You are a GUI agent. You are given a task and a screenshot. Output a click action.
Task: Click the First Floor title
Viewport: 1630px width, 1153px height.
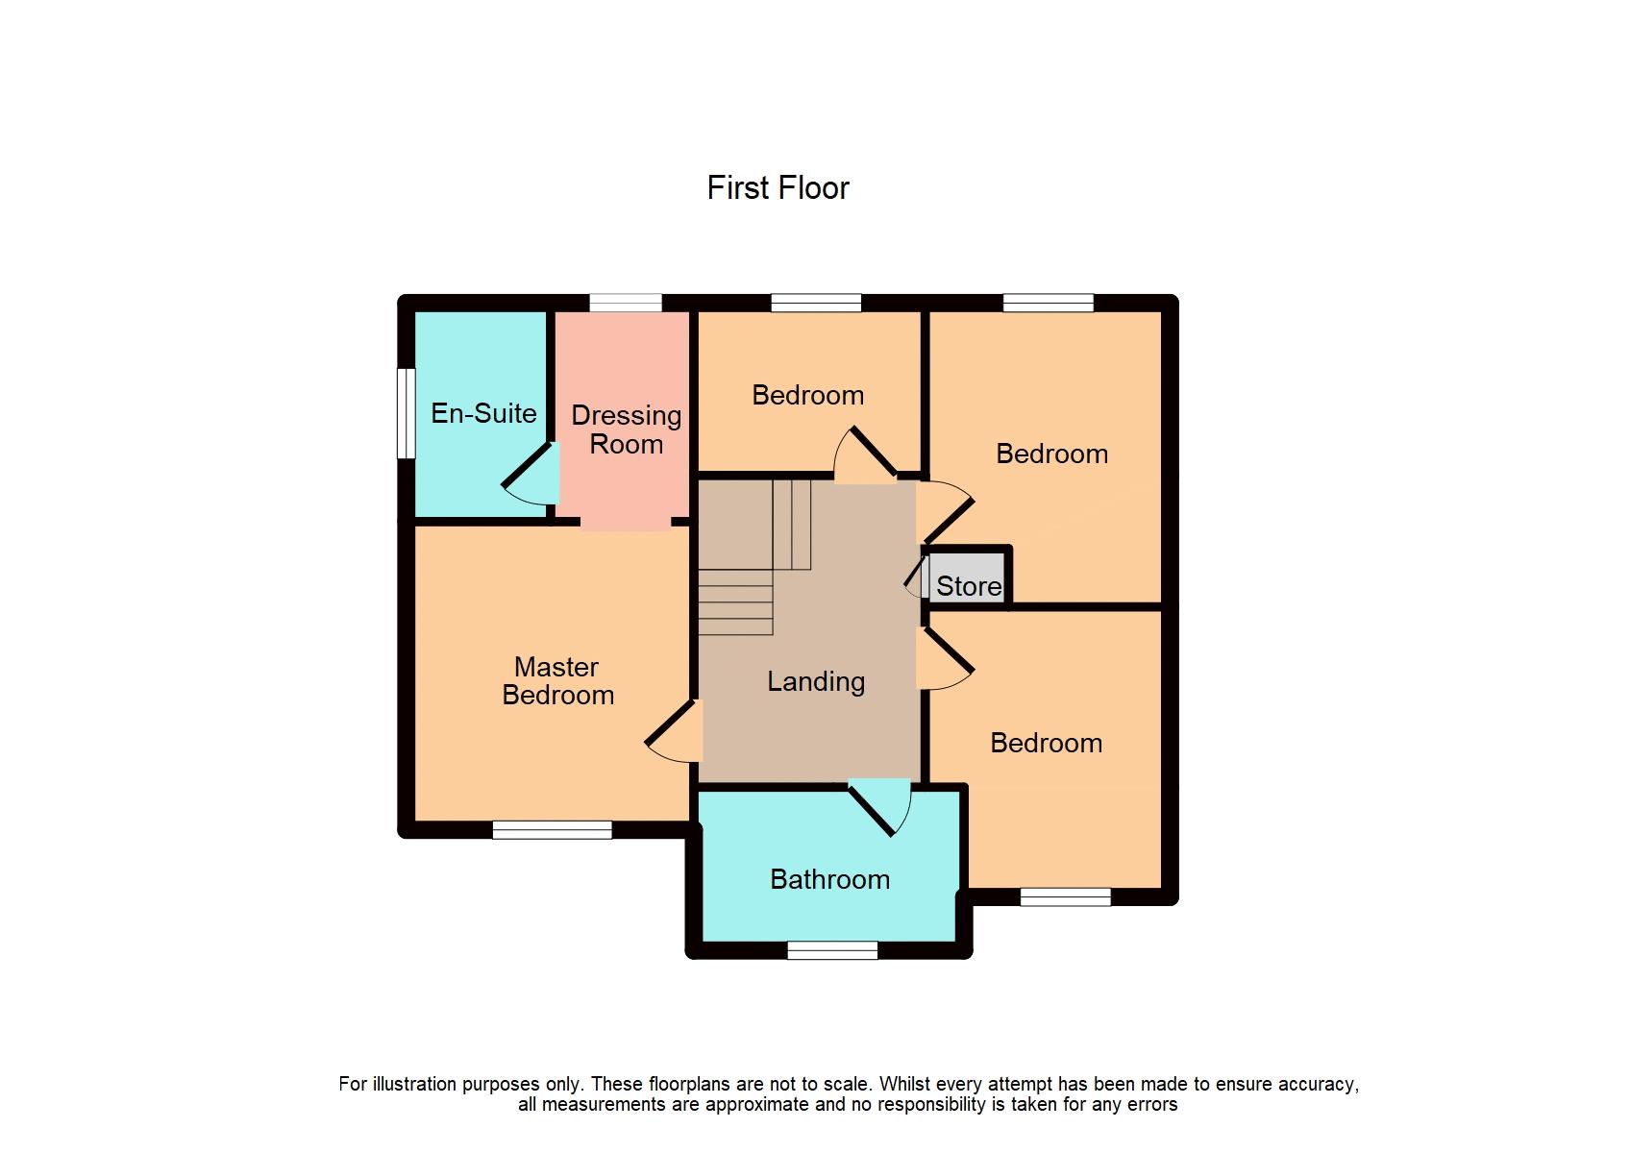pyautogui.click(x=778, y=187)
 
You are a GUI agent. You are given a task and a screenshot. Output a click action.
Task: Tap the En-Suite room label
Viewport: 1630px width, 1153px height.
pyautogui.click(x=483, y=413)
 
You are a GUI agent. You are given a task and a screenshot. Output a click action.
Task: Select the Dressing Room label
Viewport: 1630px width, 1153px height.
pyautogui.click(x=626, y=429)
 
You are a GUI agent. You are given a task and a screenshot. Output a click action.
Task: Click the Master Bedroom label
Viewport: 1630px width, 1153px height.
pyautogui.click(x=557, y=681)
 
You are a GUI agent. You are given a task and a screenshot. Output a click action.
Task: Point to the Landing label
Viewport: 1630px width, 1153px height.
pyautogui.click(x=816, y=681)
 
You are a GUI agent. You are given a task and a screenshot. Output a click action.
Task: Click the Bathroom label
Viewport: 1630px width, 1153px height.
pyautogui.click(x=829, y=879)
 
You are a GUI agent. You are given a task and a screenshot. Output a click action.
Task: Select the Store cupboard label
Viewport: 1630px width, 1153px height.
pyautogui.click(x=968, y=586)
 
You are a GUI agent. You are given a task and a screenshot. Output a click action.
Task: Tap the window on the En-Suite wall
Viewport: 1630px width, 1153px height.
pyautogui.click(x=407, y=413)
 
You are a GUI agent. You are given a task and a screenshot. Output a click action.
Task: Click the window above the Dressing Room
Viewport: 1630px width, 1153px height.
pyautogui.click(x=626, y=303)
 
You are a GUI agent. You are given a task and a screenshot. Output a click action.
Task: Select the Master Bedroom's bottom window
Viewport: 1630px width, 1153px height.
pyautogui.click(x=553, y=829)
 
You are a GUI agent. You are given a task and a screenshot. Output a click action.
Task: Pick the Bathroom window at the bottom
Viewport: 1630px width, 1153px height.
pyautogui.click(x=832, y=950)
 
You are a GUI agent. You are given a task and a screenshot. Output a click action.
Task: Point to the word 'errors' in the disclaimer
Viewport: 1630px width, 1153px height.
pyautogui.click(x=1152, y=1104)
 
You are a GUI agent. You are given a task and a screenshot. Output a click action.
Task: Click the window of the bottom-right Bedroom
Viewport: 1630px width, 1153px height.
pyautogui.click(x=1065, y=896)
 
